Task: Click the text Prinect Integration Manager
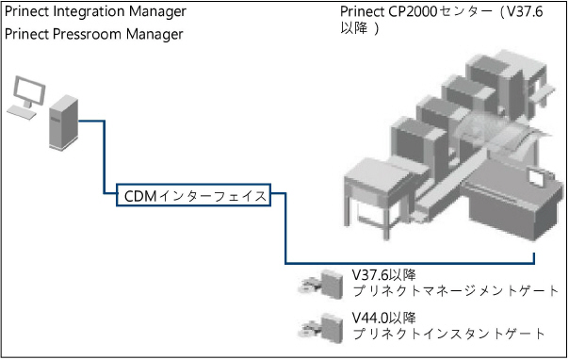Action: coord(95,11)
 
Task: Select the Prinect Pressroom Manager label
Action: coord(94,35)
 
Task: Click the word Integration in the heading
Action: coord(91,11)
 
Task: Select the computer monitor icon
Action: coord(25,92)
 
